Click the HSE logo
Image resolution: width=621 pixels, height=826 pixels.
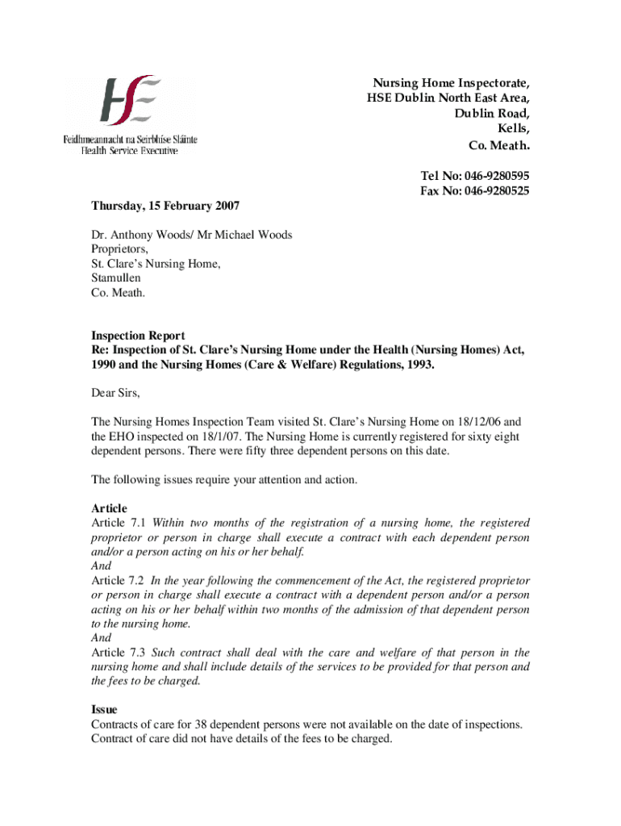point(130,102)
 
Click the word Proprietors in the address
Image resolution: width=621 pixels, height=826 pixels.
point(119,249)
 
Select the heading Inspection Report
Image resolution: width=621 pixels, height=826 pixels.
point(138,336)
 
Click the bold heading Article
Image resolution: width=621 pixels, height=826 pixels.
point(109,508)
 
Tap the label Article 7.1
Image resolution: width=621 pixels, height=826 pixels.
point(118,523)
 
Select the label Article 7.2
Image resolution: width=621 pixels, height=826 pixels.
point(118,581)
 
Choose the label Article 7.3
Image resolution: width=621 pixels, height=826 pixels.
point(118,653)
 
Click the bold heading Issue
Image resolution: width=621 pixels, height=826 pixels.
point(104,710)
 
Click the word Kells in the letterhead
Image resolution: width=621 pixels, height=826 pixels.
point(515,129)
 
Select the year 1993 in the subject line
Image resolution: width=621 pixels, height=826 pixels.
point(417,365)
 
